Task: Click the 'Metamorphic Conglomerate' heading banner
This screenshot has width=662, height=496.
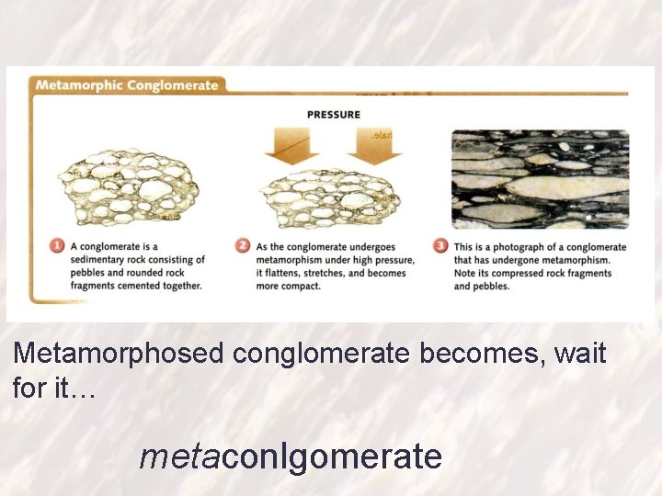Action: coord(126,85)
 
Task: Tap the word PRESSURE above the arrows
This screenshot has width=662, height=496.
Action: coord(333,115)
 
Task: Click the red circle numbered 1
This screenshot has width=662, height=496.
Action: coord(57,246)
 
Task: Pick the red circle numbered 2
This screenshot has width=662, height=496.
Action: coord(243,246)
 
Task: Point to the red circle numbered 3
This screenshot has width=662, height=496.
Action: coord(441,246)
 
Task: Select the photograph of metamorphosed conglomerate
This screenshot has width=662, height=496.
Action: coord(540,179)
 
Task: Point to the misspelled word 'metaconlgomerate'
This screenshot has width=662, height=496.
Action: coord(291,456)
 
